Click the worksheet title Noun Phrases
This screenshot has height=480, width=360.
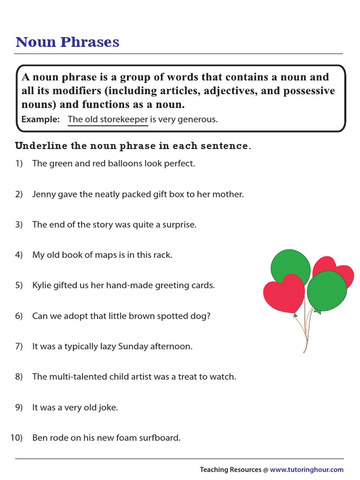tap(67, 42)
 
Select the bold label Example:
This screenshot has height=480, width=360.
tap(40, 120)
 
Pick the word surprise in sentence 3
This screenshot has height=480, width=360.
tap(179, 225)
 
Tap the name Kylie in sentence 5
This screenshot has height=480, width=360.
tap(42, 285)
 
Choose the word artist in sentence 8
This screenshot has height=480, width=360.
tap(127, 376)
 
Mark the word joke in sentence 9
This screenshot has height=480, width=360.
tap(107, 407)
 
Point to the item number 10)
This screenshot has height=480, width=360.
tap(16, 438)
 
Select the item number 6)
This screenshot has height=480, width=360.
tap(19, 316)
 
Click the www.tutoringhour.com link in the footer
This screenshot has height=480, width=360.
tap(307, 469)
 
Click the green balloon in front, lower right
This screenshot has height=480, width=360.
tap(327, 291)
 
